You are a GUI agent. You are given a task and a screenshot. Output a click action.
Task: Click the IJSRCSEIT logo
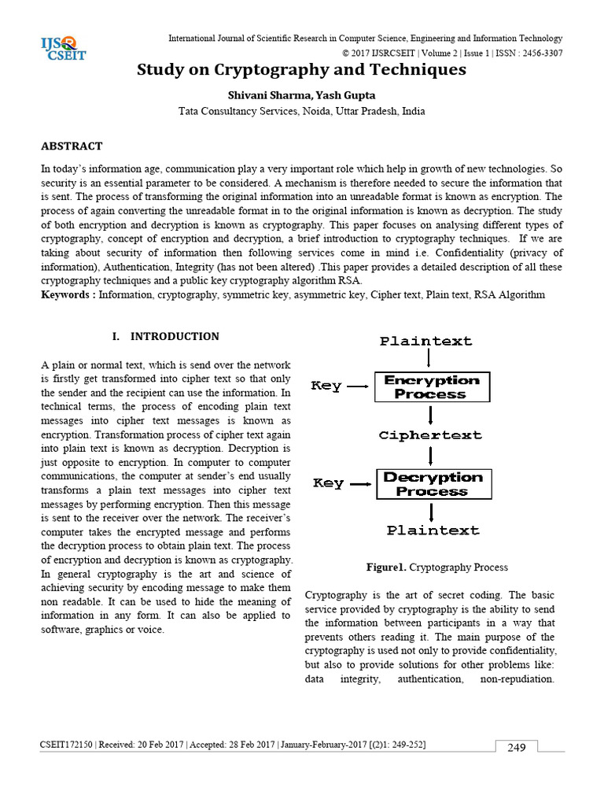64,49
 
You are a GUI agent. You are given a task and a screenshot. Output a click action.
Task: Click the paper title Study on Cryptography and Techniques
301,70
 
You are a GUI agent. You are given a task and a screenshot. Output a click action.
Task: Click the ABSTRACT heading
72,146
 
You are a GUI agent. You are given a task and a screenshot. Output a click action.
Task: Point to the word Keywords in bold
68,294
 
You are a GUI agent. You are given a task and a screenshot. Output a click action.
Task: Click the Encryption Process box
431,387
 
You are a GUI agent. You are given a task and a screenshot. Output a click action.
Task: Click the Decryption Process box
434,484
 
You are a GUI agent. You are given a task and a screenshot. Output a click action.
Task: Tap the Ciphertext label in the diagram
429,435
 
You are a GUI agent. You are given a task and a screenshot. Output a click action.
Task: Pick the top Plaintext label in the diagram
426,341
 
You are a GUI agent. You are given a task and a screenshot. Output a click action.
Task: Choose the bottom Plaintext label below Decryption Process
433,531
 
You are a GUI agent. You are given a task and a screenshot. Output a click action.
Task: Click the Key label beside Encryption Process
326,386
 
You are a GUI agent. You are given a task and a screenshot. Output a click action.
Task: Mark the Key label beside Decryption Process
328,482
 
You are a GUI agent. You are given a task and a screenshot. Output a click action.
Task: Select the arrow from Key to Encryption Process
358,386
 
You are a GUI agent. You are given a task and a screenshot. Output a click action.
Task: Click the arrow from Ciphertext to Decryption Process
430,456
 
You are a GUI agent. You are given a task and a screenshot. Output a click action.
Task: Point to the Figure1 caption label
385,568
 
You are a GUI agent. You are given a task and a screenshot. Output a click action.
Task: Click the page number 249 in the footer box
516,748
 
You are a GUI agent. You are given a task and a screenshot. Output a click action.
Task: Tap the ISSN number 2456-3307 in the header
535,53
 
